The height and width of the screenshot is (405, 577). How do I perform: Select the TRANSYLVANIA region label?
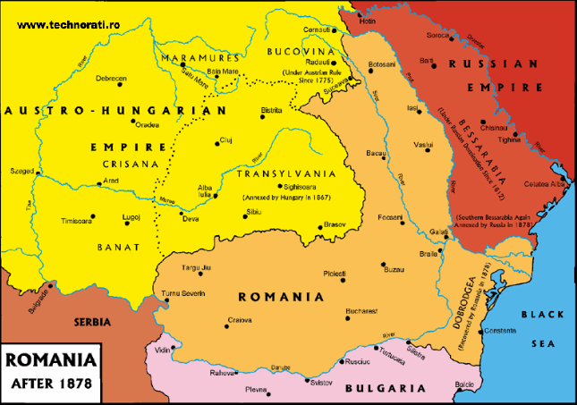(x=283, y=174)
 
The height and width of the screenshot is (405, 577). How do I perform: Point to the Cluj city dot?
(x=216, y=142)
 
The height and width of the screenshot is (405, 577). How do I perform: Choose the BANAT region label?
(x=118, y=247)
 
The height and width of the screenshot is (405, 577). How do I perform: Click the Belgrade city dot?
(x=52, y=285)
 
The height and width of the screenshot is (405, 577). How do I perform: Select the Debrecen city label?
(x=111, y=79)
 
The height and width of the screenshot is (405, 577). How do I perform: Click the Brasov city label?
(x=335, y=224)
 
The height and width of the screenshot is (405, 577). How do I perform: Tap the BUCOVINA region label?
(x=301, y=53)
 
